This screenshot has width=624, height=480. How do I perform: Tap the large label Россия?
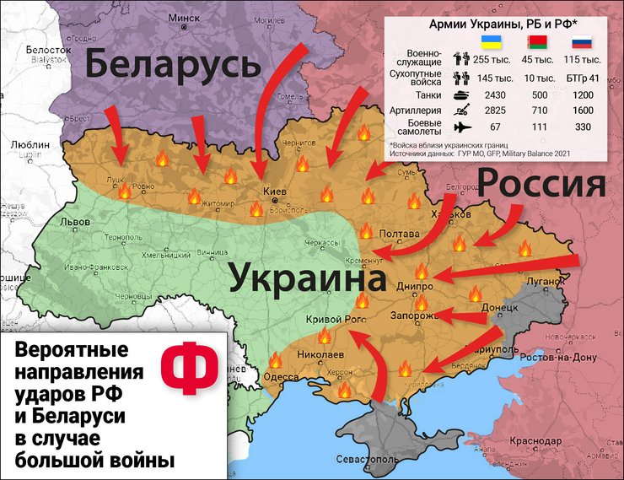point(542,186)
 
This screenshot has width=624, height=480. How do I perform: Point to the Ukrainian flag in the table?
point(487,42)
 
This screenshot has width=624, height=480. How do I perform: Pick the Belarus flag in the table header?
point(535,42)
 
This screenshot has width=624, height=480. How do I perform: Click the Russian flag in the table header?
point(582,42)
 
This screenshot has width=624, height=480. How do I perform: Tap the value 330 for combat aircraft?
point(583,126)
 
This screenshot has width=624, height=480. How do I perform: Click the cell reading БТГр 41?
point(583,78)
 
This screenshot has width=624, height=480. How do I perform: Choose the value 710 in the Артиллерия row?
point(535,110)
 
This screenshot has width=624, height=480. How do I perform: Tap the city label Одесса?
point(281,377)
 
